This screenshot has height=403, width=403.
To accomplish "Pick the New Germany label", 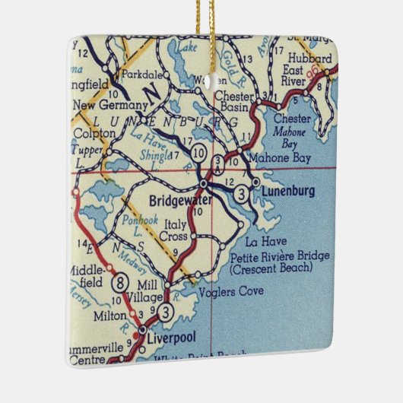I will pyautogui.click(x=103, y=104).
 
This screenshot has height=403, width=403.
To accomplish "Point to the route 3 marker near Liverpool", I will pyautogui.click(x=166, y=310).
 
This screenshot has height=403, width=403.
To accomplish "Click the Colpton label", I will pyautogui.click(x=91, y=132).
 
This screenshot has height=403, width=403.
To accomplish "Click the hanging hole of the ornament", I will pyautogui.click(x=203, y=77).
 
